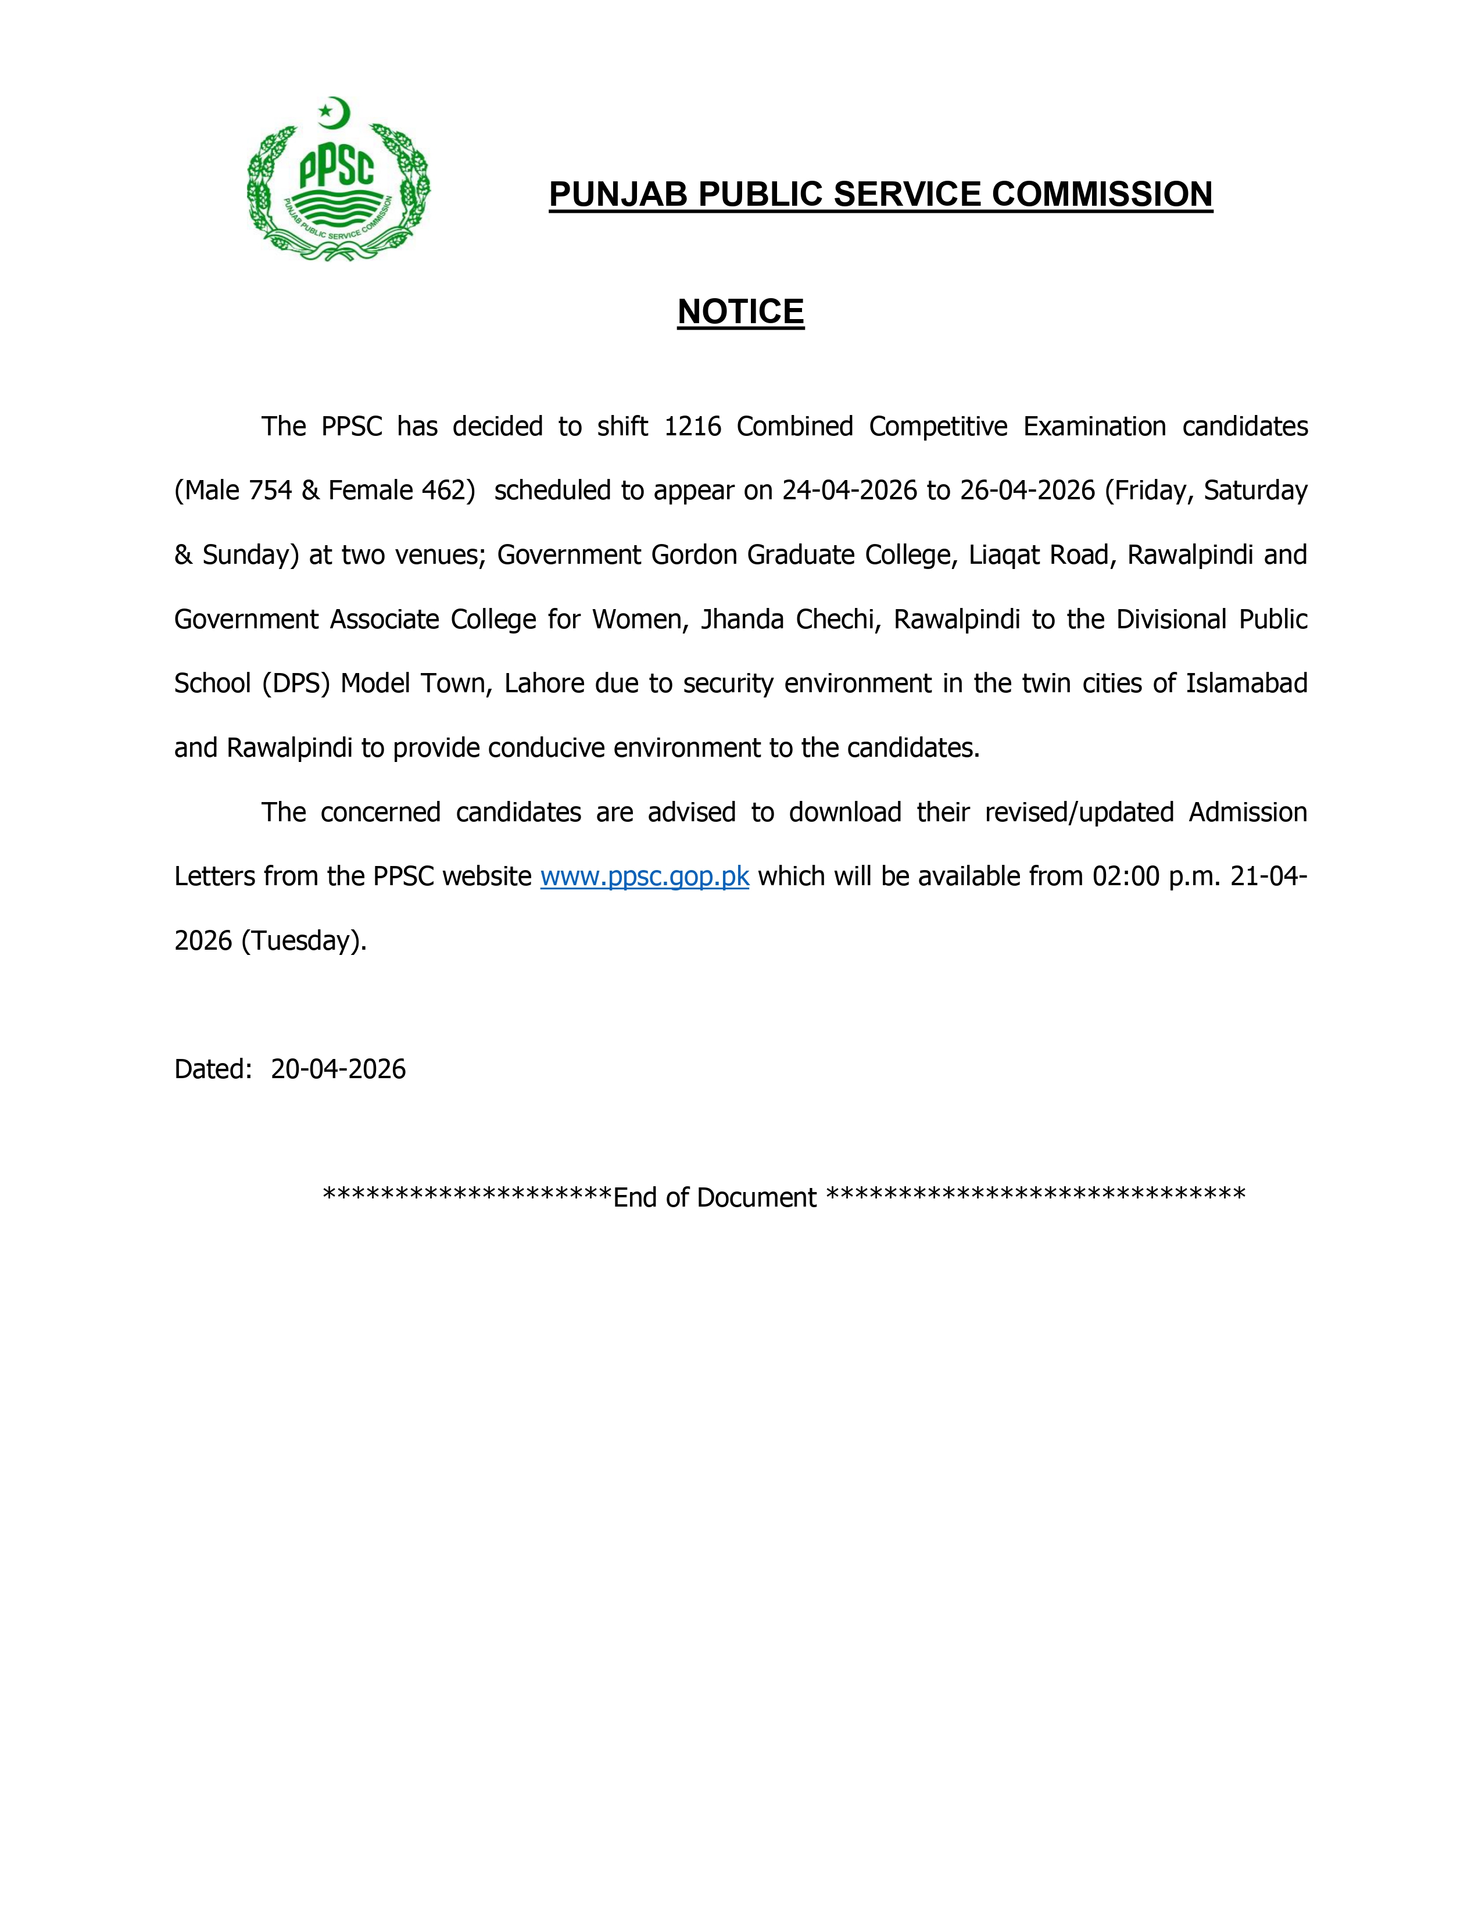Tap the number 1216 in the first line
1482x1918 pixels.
tap(693, 427)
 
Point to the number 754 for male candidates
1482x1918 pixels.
tap(270, 491)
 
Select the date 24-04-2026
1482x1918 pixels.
tap(850, 491)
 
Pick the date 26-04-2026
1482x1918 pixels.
tap(1027, 491)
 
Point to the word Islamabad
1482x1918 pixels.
tap(1246, 684)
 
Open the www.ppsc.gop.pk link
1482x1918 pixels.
tap(645, 876)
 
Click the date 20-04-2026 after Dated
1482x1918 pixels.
tap(338, 1069)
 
